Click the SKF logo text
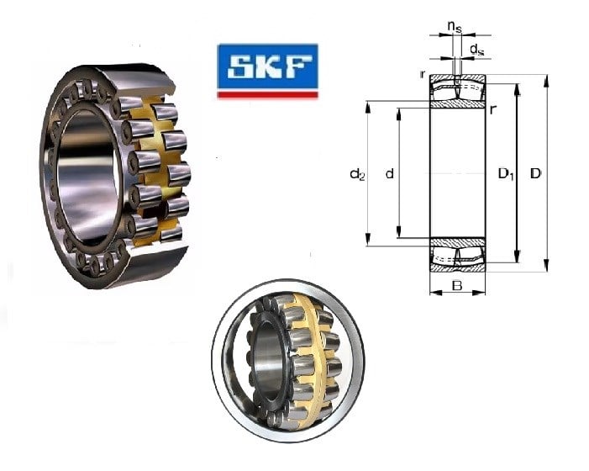tap(268, 67)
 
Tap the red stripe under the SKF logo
tap(268, 95)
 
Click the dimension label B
tap(457, 286)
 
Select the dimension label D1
tap(506, 174)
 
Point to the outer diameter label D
tap(535, 173)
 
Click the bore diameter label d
tap(390, 173)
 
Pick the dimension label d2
tap(357, 174)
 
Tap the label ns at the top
tap(455, 27)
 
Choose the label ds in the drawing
tap(477, 50)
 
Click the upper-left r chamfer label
tap(423, 74)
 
